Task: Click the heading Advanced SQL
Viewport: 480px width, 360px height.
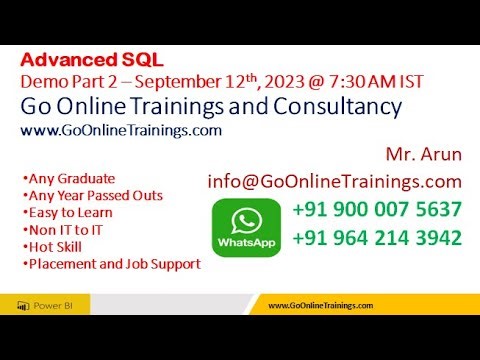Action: click(x=91, y=59)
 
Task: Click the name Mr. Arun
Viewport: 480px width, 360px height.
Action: click(x=423, y=156)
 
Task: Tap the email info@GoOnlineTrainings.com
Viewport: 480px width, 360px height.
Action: click(x=334, y=181)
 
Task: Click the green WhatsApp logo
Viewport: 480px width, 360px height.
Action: click(x=245, y=226)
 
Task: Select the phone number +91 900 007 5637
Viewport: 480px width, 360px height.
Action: click(x=377, y=210)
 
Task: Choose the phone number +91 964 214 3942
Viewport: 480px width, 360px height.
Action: click(x=377, y=238)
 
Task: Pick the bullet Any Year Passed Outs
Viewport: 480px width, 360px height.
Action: click(x=92, y=196)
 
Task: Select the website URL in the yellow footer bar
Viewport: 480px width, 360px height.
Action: click(x=321, y=306)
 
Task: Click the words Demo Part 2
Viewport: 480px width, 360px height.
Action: click(x=61, y=81)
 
